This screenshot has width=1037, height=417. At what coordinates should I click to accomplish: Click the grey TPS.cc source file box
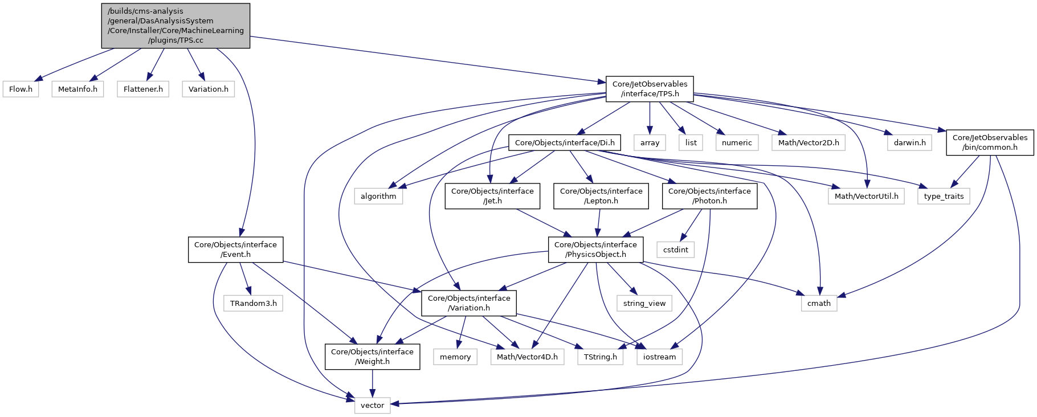click(x=175, y=26)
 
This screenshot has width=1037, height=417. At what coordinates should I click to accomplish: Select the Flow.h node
click(x=21, y=89)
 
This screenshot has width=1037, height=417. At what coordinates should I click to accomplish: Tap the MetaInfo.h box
click(x=77, y=89)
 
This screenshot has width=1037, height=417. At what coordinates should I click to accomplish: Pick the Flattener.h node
click(x=143, y=89)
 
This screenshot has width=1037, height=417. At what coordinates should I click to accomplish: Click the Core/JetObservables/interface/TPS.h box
click(x=650, y=89)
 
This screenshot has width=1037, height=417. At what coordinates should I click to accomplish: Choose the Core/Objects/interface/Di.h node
click(x=565, y=142)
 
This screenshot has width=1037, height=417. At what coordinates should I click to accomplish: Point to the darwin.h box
click(x=909, y=142)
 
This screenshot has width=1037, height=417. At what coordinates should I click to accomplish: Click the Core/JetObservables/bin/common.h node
click(x=990, y=142)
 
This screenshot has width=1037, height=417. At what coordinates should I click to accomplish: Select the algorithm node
click(x=378, y=196)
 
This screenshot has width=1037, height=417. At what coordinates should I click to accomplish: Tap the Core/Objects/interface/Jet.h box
click(x=492, y=196)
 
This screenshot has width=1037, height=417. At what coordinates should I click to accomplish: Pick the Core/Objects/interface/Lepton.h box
click(x=601, y=196)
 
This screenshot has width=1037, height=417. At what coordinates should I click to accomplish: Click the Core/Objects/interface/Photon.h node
click(x=709, y=196)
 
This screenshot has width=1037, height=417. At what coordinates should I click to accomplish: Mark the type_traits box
click(x=944, y=196)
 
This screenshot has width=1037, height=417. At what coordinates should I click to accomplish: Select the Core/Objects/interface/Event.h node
click(x=235, y=250)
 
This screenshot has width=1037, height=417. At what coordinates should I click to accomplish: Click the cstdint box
click(x=676, y=250)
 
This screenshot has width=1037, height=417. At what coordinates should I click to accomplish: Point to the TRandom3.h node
click(x=254, y=303)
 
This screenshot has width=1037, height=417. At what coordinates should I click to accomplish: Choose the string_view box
click(x=644, y=303)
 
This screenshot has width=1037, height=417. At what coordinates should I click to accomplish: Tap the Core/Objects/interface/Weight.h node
click(x=372, y=357)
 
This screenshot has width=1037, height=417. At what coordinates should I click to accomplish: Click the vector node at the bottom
click(x=372, y=406)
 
